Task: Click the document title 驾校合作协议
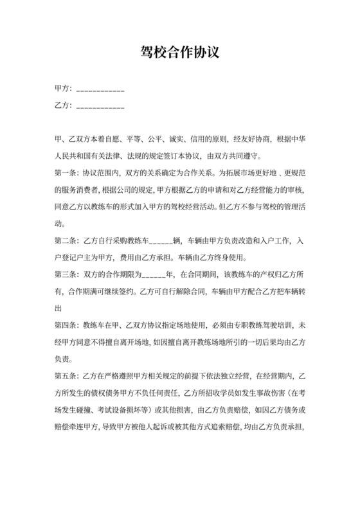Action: tap(180, 53)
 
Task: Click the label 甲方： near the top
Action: tap(64, 89)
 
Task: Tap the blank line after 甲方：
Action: tap(100, 91)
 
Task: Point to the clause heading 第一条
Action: tap(67, 173)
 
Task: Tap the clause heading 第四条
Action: tap(67, 323)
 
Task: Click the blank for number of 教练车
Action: tap(160, 241)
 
